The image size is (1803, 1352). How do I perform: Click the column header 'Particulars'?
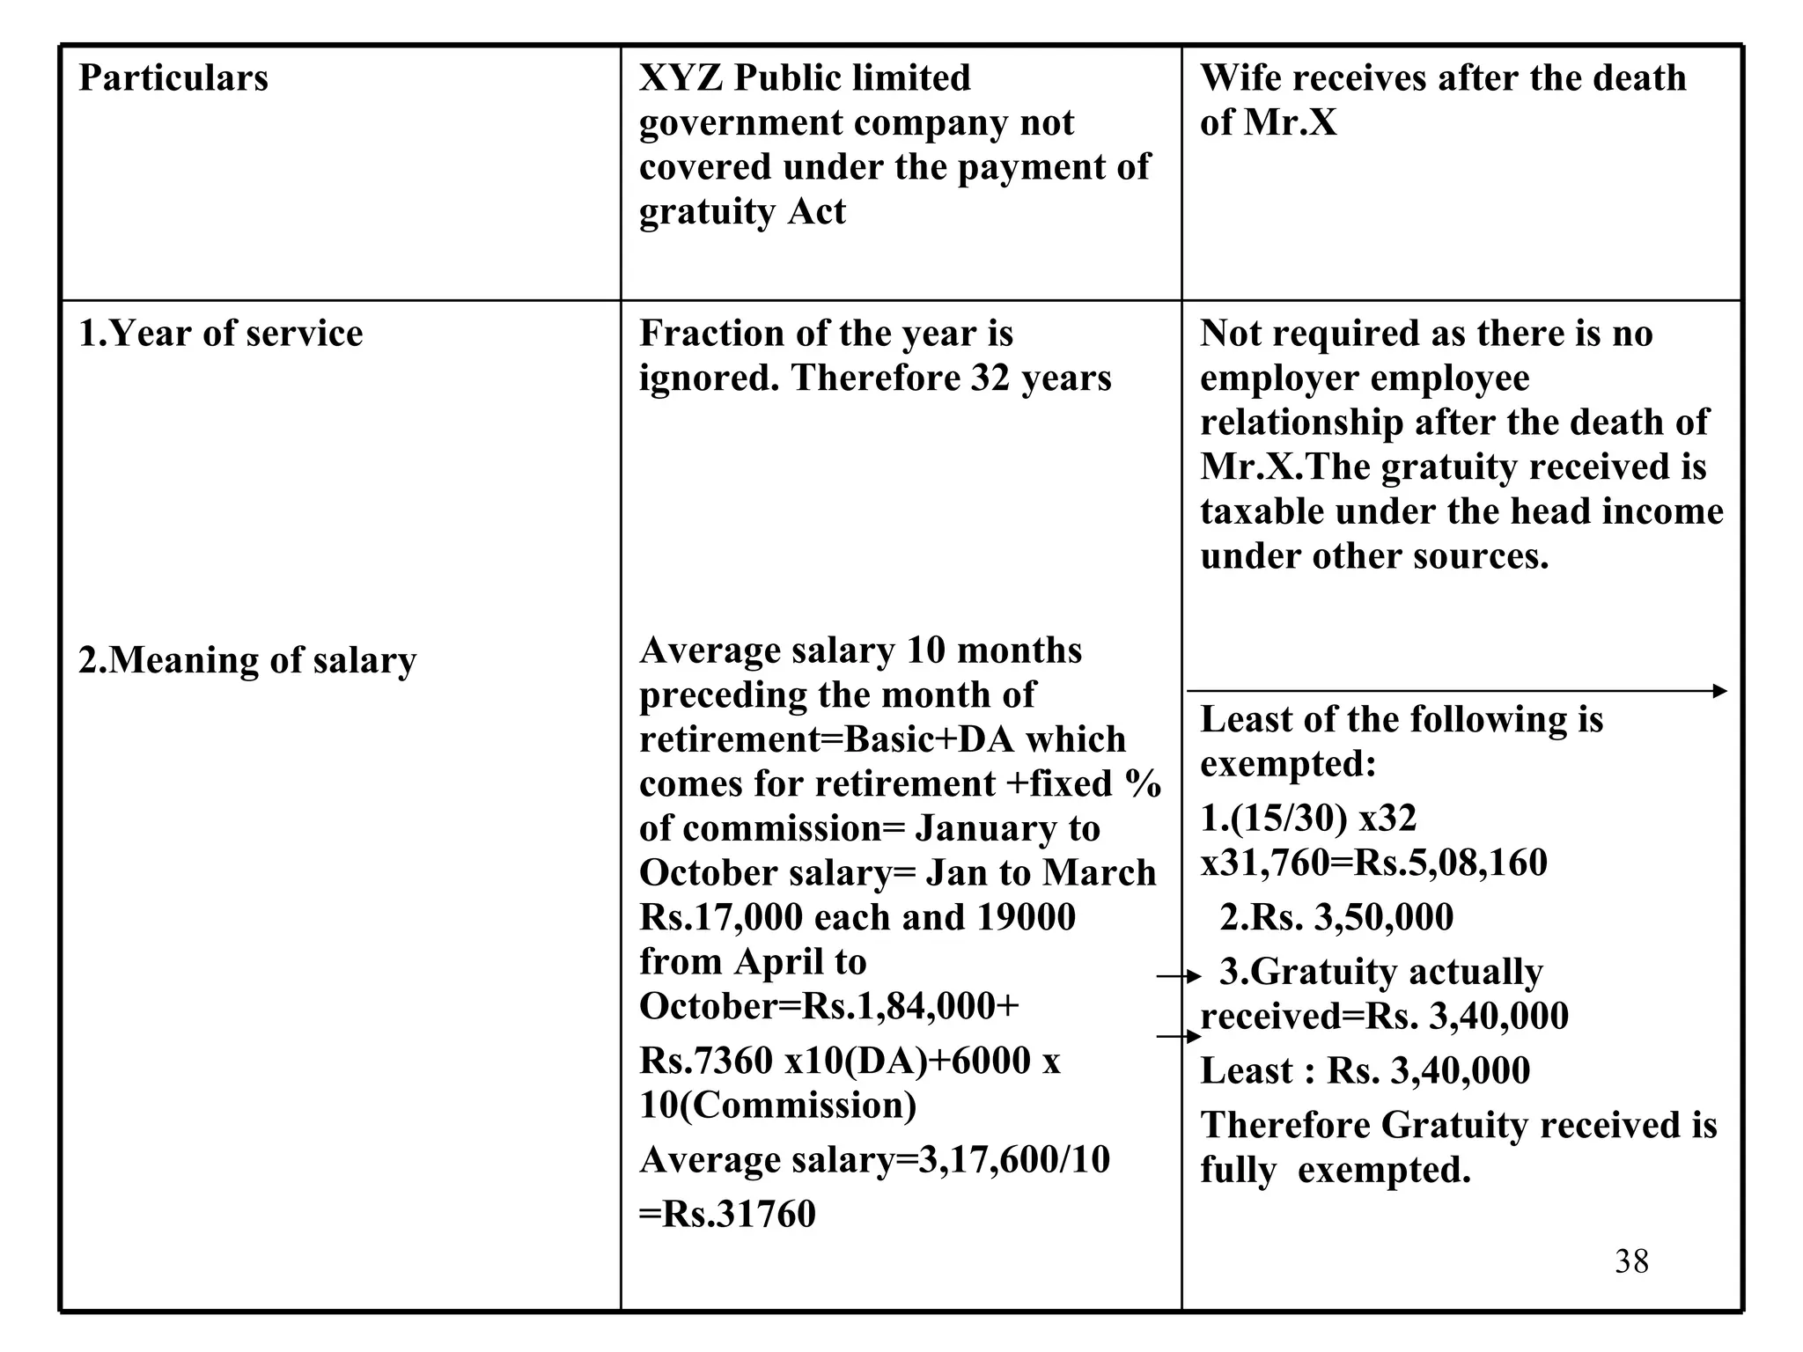[x=173, y=78]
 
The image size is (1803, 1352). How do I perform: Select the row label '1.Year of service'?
[x=220, y=334]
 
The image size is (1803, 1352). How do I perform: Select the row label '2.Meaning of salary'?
[x=247, y=660]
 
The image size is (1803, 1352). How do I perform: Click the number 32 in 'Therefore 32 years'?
[x=990, y=378]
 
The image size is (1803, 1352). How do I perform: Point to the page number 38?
[x=1631, y=1261]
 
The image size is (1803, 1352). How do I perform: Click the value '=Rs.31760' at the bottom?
[x=727, y=1214]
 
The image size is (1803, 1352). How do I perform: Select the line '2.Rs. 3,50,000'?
[x=1336, y=917]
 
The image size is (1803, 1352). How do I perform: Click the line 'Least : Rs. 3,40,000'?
[x=1365, y=1071]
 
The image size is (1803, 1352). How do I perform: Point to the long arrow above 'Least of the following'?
[x=1457, y=691]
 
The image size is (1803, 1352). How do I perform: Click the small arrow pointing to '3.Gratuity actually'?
[x=1178, y=976]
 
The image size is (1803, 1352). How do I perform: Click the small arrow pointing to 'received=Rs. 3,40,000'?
[x=1178, y=1037]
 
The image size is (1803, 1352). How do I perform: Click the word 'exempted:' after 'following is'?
[x=1287, y=764]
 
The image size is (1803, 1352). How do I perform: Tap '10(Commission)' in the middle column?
[x=777, y=1106]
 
